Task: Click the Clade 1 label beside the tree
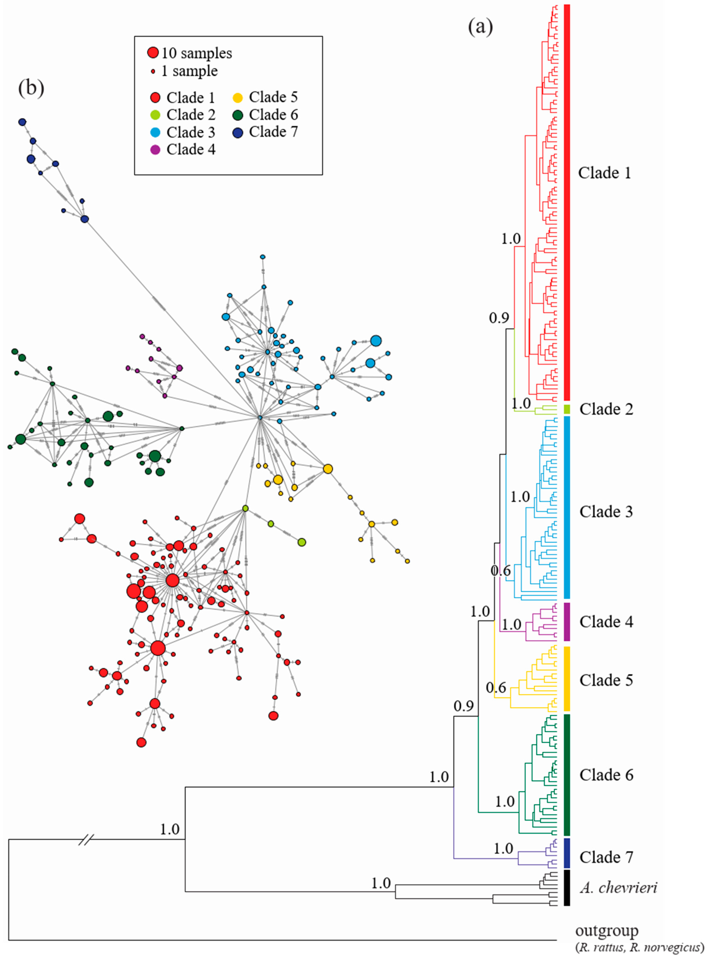[x=604, y=173]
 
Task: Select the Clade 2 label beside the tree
[x=606, y=409]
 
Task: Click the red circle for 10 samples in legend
[x=153, y=53]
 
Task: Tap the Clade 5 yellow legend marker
[x=238, y=97]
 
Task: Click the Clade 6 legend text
[x=273, y=115]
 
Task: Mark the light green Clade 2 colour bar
[x=566, y=409]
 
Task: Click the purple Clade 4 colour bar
[x=566, y=621]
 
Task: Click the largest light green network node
[x=302, y=542]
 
